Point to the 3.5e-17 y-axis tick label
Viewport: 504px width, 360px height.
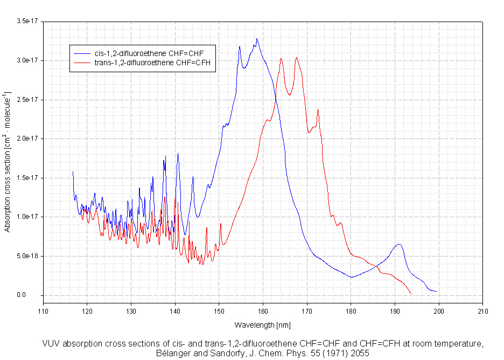[27, 21]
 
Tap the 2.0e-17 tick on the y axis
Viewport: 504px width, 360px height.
[27, 139]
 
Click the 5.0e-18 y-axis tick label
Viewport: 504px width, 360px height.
[27, 256]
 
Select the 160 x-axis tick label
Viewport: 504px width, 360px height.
[263, 311]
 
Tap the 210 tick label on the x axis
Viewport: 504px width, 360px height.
[482, 311]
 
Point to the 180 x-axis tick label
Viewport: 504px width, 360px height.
[351, 311]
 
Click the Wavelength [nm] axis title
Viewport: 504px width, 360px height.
[262, 325]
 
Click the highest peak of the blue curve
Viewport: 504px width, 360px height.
[257, 39]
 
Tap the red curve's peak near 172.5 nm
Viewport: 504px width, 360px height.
[318, 110]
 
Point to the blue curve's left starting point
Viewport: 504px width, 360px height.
[73, 172]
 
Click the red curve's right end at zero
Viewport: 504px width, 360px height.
[411, 294]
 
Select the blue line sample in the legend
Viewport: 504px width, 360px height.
[81, 53]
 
